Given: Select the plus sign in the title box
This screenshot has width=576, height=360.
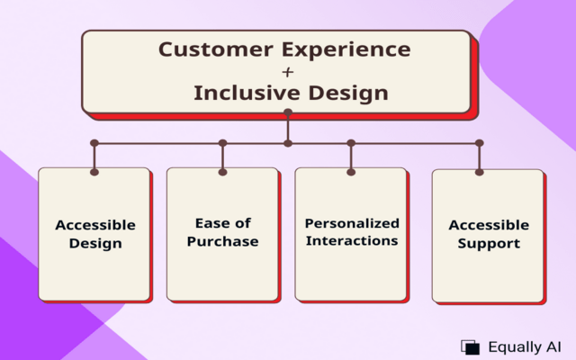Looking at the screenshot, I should tap(288, 70).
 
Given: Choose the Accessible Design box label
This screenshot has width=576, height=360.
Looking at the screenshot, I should tap(95, 234).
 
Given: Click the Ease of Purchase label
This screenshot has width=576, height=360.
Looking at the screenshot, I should tap(222, 232).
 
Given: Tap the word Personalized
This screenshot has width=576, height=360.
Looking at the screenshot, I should tap(352, 223).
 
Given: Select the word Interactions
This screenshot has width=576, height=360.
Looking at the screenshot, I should tap(352, 241).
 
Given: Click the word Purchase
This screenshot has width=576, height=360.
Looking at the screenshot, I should tap(222, 241).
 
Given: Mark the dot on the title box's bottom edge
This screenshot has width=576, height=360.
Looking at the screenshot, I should tap(288, 112).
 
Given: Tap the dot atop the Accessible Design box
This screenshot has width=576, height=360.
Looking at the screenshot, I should tap(94, 170).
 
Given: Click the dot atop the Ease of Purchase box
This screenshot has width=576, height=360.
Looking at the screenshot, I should tap(222, 171).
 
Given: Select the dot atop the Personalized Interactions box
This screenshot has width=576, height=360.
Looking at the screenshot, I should tap(351, 171).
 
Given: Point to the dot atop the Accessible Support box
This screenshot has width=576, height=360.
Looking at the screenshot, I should tap(480, 172).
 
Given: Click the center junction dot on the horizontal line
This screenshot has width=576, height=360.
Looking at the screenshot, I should tap(288, 143).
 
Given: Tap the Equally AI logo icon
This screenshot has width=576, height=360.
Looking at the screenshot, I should tap(470, 346).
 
